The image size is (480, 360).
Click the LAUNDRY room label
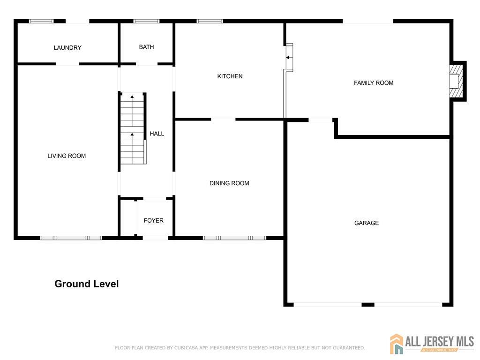[67, 48]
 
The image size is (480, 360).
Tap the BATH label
[146, 47]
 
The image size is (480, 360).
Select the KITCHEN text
[230, 76]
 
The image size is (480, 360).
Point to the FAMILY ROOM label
[374, 83]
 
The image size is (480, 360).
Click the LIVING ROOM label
[67, 156]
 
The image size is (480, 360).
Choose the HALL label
[157, 134]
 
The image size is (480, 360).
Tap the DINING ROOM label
[229, 183]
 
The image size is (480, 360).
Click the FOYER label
[153, 221]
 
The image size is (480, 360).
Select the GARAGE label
[367, 223]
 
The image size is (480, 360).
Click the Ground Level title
[87, 284]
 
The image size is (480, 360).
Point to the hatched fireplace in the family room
[456, 81]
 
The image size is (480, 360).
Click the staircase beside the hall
[132, 128]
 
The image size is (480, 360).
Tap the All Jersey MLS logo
[432, 344]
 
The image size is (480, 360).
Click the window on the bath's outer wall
[146, 21]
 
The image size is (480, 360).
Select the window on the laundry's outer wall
[41, 21]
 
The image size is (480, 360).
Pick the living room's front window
[71, 238]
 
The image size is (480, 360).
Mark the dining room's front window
[234, 238]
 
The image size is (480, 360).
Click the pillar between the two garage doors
[368, 305]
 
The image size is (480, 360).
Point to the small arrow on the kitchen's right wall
[288, 58]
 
